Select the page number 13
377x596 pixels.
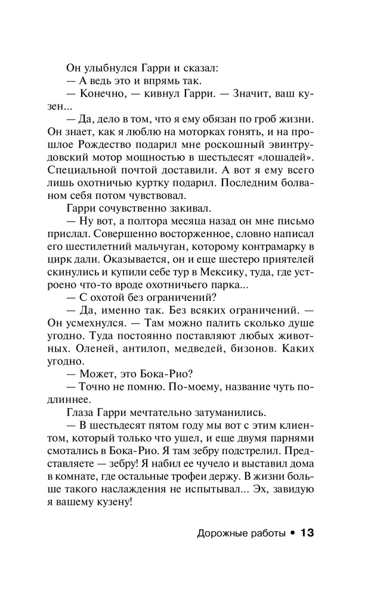point(307,533)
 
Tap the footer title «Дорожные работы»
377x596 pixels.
point(241,533)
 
